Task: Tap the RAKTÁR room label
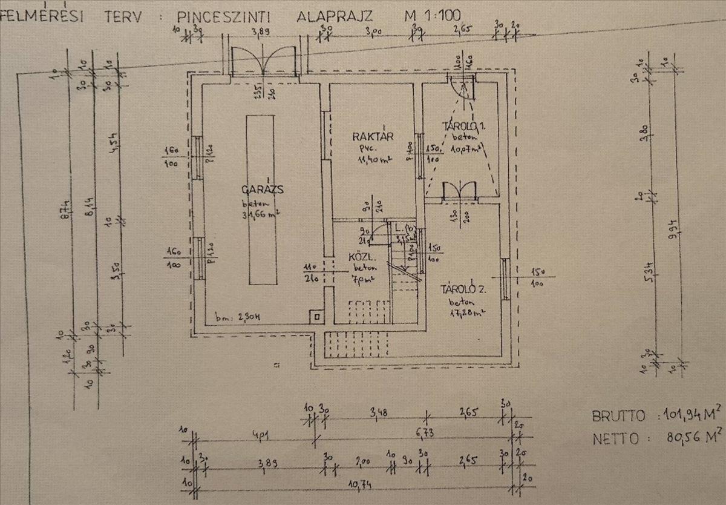pos(373,137)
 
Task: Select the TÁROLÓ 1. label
pos(465,127)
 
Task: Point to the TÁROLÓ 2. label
pos(465,289)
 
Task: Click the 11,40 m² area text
pos(373,159)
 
